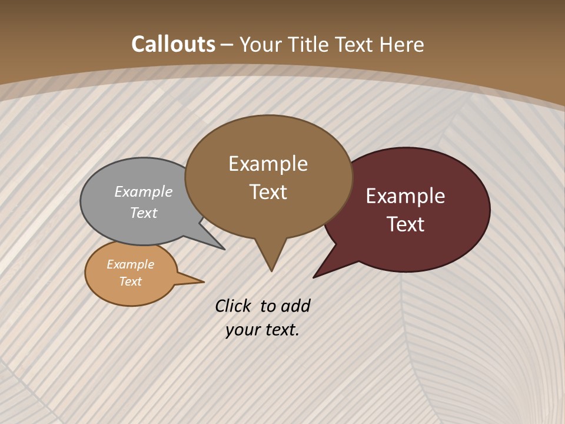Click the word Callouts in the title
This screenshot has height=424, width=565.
click(x=173, y=44)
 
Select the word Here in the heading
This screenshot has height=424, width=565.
click(x=401, y=44)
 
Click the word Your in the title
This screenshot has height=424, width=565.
click(x=261, y=44)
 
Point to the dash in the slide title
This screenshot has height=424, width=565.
click(x=227, y=45)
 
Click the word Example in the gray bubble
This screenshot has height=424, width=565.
click(x=144, y=192)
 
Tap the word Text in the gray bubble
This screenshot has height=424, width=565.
click(x=144, y=213)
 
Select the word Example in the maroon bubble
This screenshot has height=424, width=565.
click(x=406, y=196)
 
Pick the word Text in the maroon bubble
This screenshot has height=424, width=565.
click(x=406, y=224)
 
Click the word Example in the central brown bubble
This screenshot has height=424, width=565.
click(x=268, y=164)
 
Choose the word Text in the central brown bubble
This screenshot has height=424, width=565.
click(x=268, y=192)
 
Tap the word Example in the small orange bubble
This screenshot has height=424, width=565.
click(x=131, y=264)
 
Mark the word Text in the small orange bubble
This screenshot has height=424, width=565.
click(x=131, y=281)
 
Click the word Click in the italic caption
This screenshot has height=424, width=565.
click(x=233, y=306)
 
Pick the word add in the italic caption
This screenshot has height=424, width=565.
click(x=295, y=306)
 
